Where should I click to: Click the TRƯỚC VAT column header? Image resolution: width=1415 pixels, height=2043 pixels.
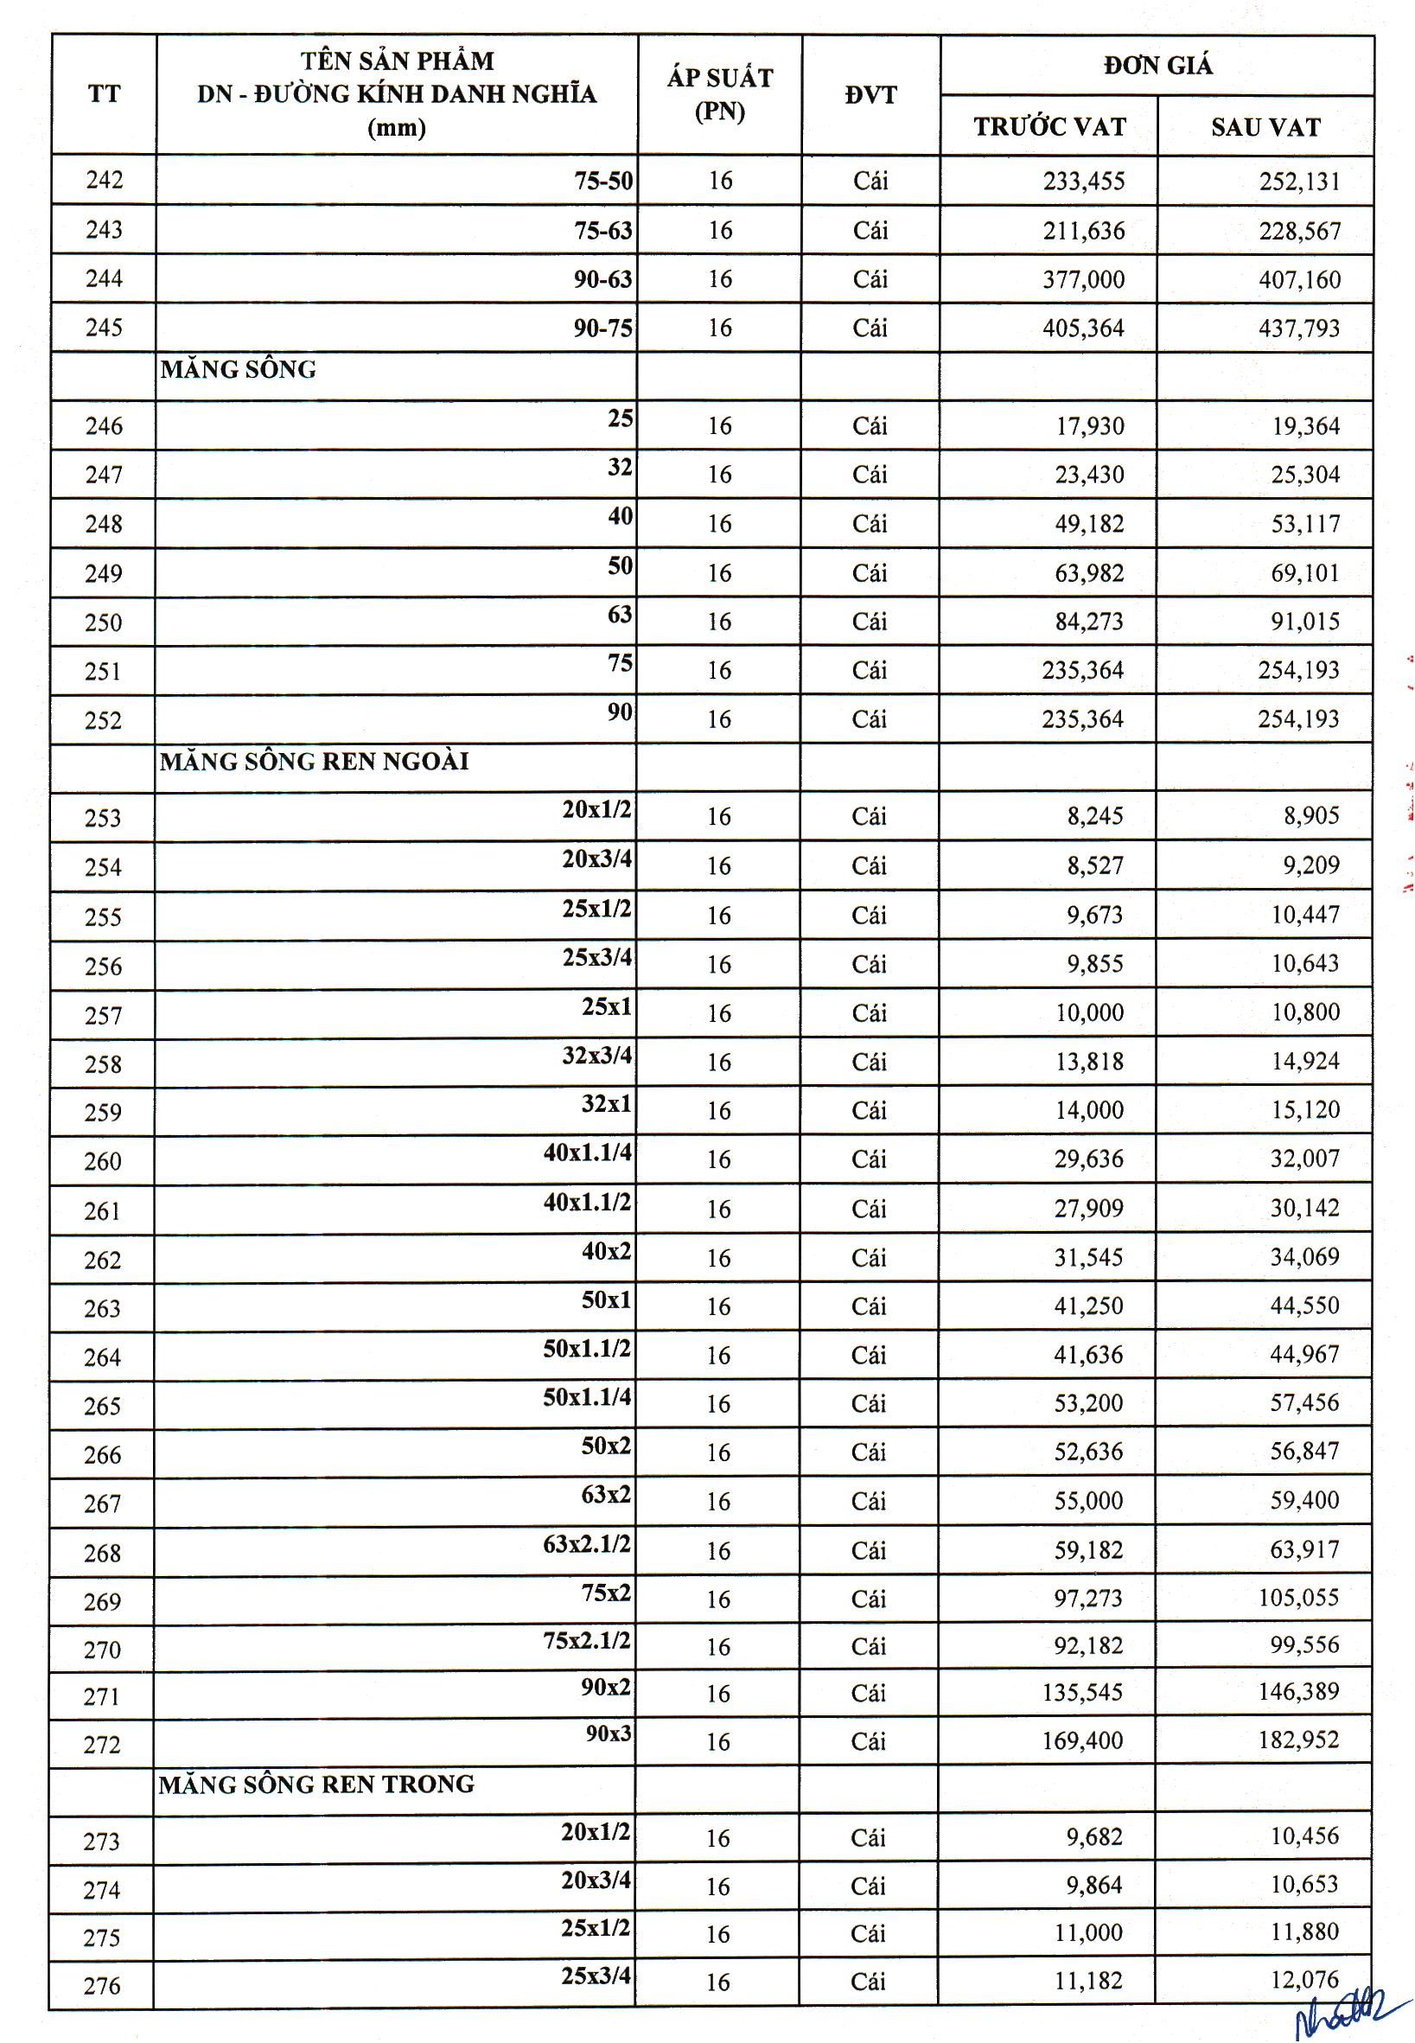click(x=1049, y=127)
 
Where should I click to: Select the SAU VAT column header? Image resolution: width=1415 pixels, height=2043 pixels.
click(x=1265, y=127)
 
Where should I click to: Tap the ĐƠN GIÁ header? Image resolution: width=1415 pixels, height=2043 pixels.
click(x=1157, y=65)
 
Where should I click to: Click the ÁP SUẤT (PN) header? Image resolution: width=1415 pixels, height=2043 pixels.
click(x=719, y=94)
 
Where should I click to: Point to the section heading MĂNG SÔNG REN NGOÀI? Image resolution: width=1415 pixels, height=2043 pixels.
click(x=314, y=762)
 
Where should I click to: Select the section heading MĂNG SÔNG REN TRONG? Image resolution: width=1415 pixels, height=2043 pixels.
click(x=316, y=1784)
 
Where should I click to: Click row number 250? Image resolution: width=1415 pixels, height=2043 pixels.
click(x=103, y=622)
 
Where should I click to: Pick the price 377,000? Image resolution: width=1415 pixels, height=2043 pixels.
click(x=1083, y=280)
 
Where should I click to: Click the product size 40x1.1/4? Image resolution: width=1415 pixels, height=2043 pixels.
click(x=588, y=1152)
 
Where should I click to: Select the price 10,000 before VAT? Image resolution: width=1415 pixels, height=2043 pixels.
click(x=1089, y=1012)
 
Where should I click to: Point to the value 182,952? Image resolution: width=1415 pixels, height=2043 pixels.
click(x=1298, y=1740)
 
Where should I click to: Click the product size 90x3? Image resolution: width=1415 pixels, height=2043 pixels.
click(x=609, y=1733)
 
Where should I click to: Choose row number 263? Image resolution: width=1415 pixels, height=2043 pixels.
click(x=102, y=1308)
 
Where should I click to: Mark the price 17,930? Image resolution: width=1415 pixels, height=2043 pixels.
click(x=1089, y=426)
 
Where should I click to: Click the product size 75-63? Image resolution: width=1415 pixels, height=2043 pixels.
click(x=602, y=231)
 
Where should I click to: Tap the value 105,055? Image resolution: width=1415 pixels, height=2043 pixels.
click(x=1298, y=1598)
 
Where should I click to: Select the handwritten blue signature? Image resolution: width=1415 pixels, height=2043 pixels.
click(x=1353, y=2013)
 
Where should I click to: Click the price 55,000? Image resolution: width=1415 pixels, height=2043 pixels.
click(x=1089, y=1500)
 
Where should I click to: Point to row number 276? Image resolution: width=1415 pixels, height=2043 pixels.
click(x=101, y=1986)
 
